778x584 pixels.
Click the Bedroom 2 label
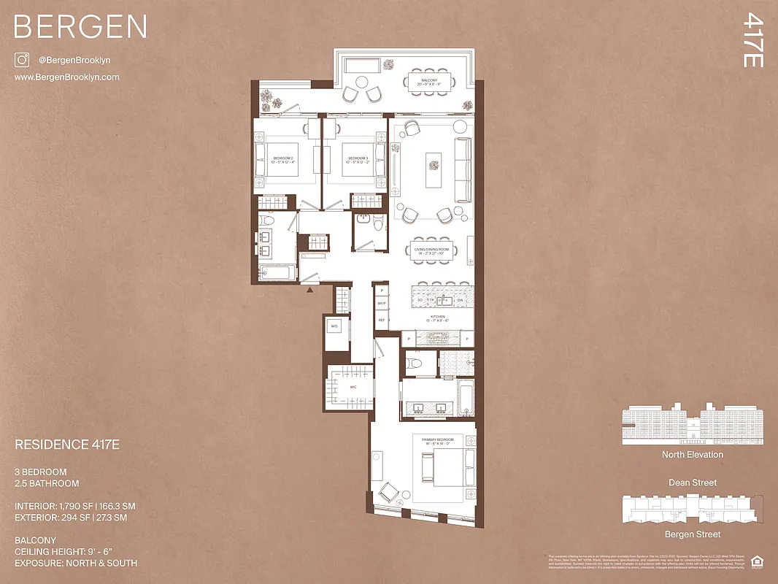click(283, 161)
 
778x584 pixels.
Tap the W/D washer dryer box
click(334, 326)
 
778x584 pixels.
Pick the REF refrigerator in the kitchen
click(381, 320)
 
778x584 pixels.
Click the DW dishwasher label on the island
click(460, 300)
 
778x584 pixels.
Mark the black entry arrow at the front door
click(310, 290)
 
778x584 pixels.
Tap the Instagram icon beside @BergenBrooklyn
click(22, 61)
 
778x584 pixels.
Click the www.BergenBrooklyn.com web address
click(67, 77)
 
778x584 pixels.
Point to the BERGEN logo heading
click(80, 27)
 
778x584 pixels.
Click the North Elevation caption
click(693, 455)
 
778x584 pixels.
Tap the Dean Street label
click(693, 483)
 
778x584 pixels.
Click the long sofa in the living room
click(463, 171)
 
